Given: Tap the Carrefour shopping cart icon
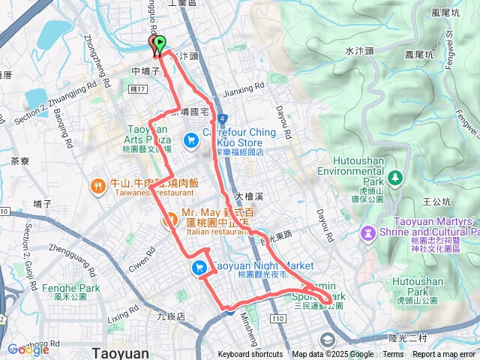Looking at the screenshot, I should coord(190,139).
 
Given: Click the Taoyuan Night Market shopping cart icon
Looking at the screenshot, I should coord(199,268).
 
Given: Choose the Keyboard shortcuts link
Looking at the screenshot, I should coord(250,355).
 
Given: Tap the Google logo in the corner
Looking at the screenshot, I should coord(28,349).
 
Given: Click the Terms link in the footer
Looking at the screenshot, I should coord(393,355).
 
